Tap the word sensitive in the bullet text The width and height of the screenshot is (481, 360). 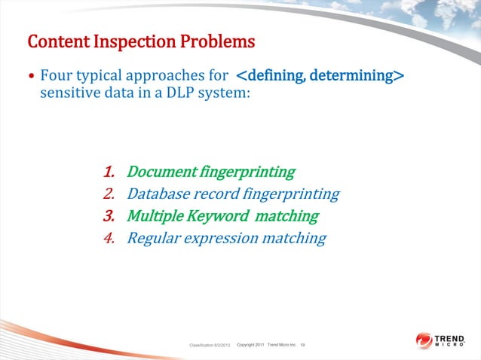click(x=69, y=94)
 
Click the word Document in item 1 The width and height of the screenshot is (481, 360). click(x=161, y=172)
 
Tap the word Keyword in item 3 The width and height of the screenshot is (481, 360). click(x=219, y=217)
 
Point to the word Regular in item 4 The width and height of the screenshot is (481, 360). click(x=155, y=239)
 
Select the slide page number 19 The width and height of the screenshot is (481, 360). click(x=302, y=344)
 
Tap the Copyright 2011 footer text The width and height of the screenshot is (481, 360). click(x=250, y=344)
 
